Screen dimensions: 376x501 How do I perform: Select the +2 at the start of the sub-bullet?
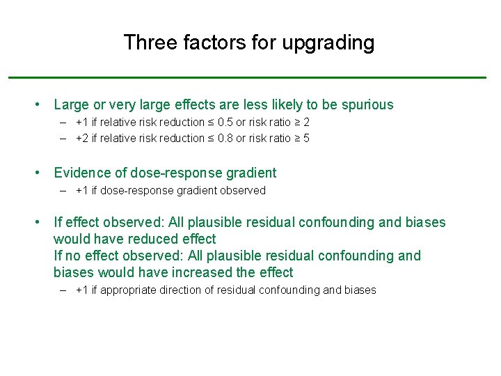[82, 138]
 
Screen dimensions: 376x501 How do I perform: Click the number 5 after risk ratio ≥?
[306, 138]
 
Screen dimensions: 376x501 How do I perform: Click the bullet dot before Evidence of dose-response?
[39, 173]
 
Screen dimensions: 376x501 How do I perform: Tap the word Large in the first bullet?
[71, 105]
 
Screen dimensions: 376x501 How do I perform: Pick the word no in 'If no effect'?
[72, 256]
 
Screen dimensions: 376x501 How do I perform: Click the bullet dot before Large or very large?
[39, 105]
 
